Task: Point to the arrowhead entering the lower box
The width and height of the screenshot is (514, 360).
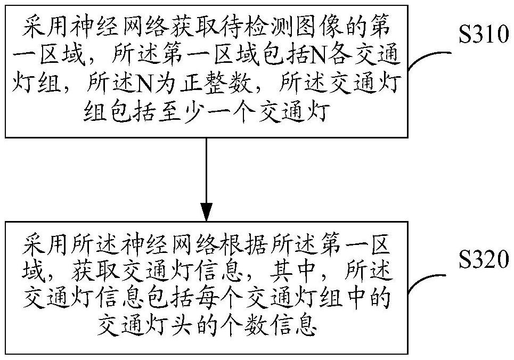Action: click(206, 211)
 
